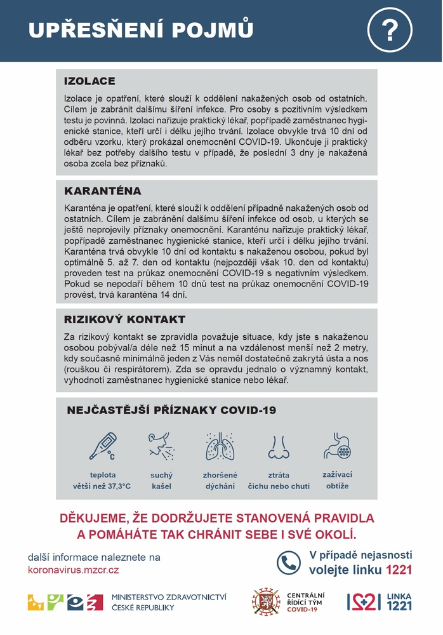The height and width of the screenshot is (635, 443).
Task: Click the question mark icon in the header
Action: tap(390, 29)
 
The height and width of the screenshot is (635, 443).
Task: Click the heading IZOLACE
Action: tap(89, 81)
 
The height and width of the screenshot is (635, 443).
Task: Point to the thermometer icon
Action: tap(102, 446)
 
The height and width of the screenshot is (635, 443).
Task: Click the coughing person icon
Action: tap(161, 446)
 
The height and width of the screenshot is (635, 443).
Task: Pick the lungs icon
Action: tap(220, 446)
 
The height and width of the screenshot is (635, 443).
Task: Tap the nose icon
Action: tap(279, 446)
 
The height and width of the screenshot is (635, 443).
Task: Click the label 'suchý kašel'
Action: tap(161, 481)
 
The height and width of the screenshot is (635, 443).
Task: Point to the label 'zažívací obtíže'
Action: tap(337, 480)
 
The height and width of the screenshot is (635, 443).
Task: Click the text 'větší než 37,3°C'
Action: tap(102, 486)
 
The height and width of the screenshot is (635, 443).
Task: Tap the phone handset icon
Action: tap(288, 562)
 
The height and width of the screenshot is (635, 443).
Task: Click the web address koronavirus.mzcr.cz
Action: tap(73, 570)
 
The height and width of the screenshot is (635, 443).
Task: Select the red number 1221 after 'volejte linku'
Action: tap(399, 570)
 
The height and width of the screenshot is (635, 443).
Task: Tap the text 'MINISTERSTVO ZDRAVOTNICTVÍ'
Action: tap(169, 597)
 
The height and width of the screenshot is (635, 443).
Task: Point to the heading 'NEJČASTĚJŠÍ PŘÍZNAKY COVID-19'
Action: tap(171, 410)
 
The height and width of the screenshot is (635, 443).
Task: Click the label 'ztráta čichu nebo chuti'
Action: tap(279, 481)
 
